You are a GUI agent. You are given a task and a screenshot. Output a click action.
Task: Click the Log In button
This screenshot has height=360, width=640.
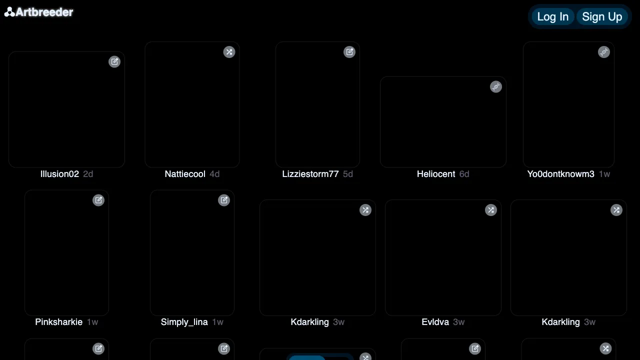tap(552, 16)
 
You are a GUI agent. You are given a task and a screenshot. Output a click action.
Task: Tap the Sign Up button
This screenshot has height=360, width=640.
tap(602, 16)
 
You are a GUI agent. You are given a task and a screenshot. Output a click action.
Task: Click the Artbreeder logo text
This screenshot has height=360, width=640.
tap(44, 12)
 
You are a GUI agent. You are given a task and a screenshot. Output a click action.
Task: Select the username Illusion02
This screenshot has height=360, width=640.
tap(59, 174)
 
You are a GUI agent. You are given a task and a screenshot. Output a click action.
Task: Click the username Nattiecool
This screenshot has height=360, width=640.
tap(185, 174)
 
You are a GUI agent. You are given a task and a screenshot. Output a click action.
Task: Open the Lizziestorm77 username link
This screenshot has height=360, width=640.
tap(310, 174)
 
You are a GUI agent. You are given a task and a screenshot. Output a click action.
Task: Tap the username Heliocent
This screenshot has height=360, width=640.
tap(435, 174)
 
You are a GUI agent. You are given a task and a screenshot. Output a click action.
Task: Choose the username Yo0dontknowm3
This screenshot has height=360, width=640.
tap(560, 174)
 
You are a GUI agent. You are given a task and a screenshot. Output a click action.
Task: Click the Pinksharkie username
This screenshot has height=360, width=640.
tap(58, 322)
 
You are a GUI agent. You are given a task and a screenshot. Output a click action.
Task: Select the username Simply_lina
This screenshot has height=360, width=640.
tap(184, 322)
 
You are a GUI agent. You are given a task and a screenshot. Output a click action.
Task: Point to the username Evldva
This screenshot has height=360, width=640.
tap(435, 322)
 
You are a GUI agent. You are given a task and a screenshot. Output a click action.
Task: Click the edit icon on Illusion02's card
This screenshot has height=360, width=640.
tap(114, 61)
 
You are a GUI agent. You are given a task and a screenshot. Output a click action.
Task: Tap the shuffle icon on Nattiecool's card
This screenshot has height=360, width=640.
tap(229, 52)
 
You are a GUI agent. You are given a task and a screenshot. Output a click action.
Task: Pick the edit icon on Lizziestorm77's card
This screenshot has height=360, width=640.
tap(349, 52)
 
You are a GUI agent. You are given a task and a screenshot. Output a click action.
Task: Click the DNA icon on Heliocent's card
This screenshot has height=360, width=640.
tap(496, 86)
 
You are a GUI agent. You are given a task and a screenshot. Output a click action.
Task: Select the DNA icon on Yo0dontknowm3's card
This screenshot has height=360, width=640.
tap(604, 52)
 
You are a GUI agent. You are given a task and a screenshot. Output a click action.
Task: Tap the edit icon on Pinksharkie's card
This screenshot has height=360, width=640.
tap(98, 200)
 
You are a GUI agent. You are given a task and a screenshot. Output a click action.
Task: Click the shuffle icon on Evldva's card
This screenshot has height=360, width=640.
tap(491, 210)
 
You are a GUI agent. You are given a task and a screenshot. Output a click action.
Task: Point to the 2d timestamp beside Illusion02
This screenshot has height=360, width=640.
tap(88, 174)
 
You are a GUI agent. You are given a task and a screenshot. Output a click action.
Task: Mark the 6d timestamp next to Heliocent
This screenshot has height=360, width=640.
tap(464, 174)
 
